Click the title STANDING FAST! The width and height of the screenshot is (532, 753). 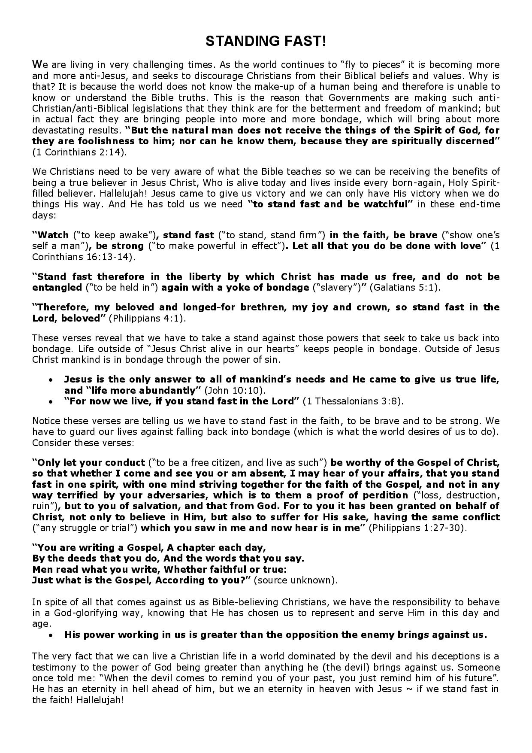pyautogui.click(x=266, y=41)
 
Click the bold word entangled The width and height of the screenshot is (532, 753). pyautogui.click(x=57, y=287)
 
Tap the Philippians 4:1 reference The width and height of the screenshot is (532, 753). pyautogui.click(x=146, y=318)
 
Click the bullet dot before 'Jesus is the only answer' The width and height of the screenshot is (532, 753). pyautogui.click(x=51, y=380)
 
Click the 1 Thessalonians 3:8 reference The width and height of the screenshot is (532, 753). pyautogui.click(x=353, y=401)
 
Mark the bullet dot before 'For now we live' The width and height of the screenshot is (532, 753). pyautogui.click(x=51, y=401)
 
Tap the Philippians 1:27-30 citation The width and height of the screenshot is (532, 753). pyautogui.click(x=417, y=528)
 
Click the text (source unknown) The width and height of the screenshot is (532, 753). pyautogui.click(x=296, y=580)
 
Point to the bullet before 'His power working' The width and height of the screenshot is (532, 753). pyautogui.click(x=51, y=635)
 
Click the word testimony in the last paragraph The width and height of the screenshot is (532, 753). pyautogui.click(x=53, y=668)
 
